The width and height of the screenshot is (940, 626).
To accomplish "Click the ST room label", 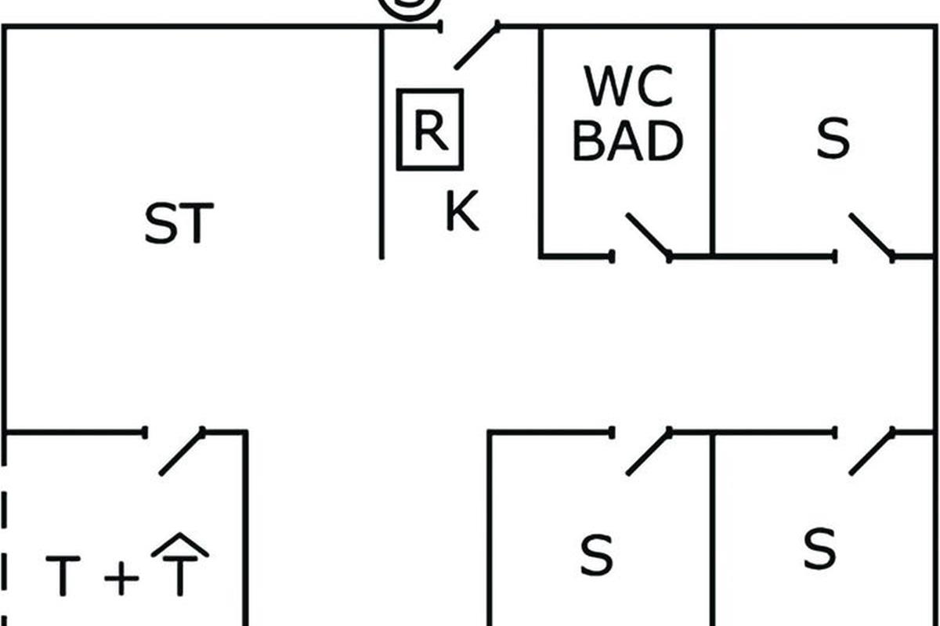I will coord(179,224).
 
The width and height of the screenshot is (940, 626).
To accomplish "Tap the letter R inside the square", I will coord(429,130).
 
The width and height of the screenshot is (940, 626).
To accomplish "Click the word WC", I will coord(628,88).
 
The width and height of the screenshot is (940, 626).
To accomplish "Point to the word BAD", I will coord(628,142).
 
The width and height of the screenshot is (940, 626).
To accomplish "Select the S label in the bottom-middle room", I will coord(597,554).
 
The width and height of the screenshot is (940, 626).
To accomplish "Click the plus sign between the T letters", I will coord(121,579).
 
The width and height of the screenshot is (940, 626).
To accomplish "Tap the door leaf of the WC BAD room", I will coord(648,236).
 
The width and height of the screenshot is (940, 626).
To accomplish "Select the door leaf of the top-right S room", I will coord(871,236).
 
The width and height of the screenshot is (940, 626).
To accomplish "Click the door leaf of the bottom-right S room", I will coord(872,452).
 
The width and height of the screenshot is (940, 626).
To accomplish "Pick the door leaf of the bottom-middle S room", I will coord(649,452).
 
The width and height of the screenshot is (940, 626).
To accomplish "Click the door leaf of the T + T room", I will coord(182,452).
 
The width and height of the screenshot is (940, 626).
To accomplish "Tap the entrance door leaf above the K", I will coord(477,45).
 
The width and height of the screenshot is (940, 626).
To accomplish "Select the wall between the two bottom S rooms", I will coord(712,532).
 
